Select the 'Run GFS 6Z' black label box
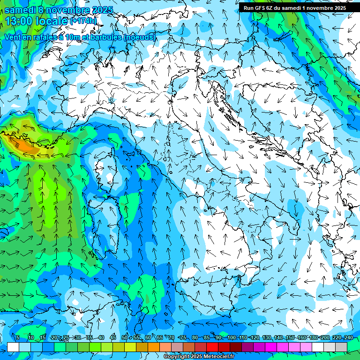[x=294, y=7]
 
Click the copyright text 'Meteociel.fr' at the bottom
[x=222, y=357]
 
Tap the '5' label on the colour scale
[x=18, y=337]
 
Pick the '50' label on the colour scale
[x=125, y=337]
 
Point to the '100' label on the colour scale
[x=231, y=337]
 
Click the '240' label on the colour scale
[x=348, y=337]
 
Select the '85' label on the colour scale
[x=207, y=337]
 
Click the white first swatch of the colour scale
[x=13, y=347]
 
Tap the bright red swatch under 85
[x=212, y=347]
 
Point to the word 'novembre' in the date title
[x=70, y=10]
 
